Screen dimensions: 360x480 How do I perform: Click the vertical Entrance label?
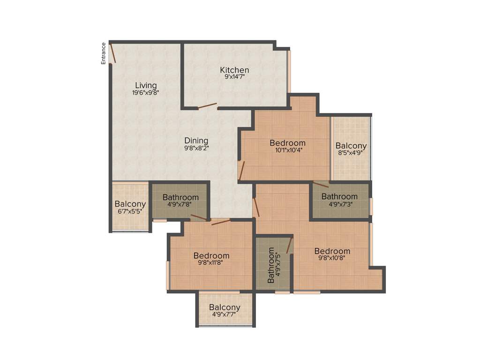coord(104,53)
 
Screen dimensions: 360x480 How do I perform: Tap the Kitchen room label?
coord(234,70)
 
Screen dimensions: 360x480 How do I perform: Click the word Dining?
coord(196,141)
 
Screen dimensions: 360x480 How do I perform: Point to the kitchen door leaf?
coord(207,106)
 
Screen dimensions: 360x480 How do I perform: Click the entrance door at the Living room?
coord(113,52)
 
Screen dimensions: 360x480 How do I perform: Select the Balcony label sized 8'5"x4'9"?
coord(351,146)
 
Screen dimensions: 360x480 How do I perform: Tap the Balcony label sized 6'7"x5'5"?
coord(130,204)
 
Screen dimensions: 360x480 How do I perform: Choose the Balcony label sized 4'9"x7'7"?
coord(225,307)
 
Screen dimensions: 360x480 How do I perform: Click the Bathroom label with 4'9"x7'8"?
coord(180,197)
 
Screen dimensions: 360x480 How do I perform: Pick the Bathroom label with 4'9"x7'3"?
coord(339,196)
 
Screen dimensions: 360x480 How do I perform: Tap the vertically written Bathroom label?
coord(271,265)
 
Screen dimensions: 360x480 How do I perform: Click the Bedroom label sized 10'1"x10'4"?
coord(287,143)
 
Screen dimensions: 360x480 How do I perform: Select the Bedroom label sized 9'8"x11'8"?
coord(211,255)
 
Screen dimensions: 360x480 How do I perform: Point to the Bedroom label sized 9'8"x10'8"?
coord(332,251)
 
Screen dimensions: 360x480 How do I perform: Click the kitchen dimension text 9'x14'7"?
coord(234,77)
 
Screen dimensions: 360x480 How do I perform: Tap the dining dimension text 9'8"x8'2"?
coord(196,148)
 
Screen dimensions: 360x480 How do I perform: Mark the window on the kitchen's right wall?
coord(289,71)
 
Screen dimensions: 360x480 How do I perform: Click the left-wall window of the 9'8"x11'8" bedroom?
coord(168,275)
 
